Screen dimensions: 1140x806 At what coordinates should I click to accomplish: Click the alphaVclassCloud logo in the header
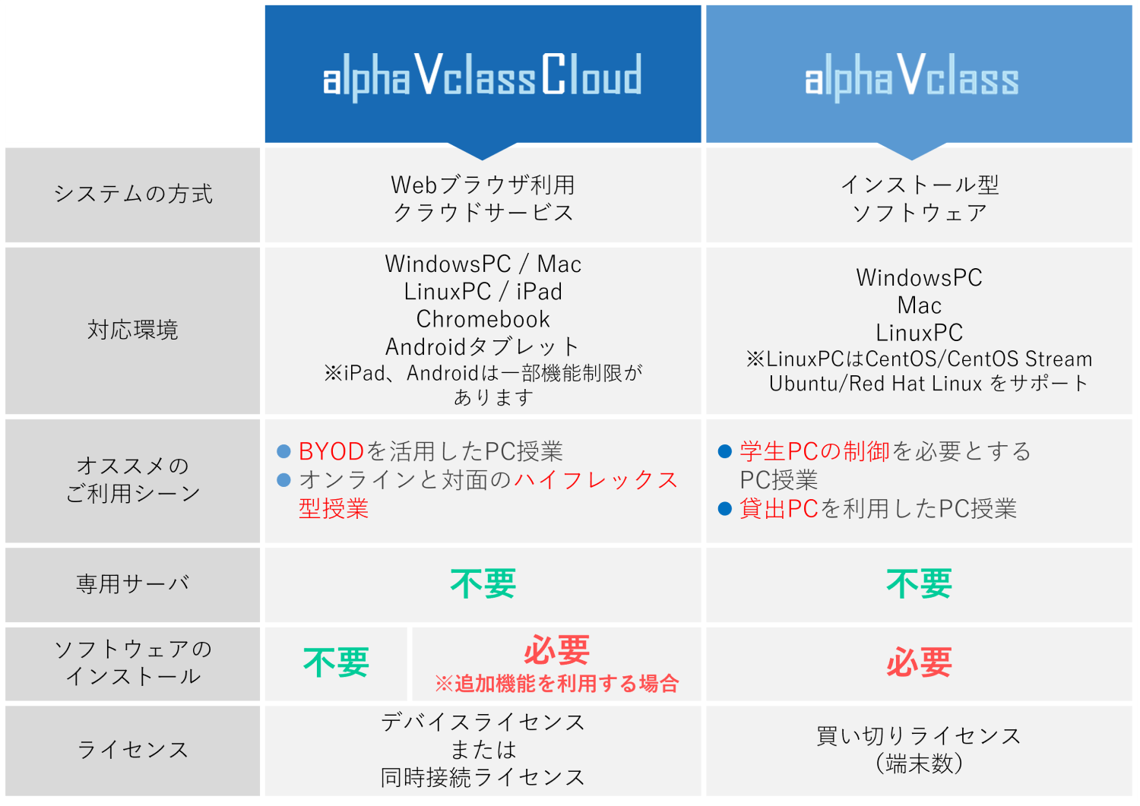[483, 76]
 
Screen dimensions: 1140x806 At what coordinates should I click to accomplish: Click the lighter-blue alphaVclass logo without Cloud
[911, 76]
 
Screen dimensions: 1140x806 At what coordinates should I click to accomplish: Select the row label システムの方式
[133, 194]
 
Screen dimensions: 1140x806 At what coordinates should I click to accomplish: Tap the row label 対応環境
[133, 330]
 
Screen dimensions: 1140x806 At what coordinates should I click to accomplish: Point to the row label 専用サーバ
[133, 583]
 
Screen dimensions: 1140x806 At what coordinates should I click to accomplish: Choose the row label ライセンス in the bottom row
[133, 750]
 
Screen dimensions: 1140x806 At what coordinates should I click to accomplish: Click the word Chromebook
[483, 320]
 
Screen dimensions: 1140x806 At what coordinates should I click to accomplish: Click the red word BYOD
[331, 451]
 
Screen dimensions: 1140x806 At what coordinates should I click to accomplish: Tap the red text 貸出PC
[779, 509]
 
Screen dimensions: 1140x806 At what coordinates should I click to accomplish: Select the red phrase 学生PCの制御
[814, 451]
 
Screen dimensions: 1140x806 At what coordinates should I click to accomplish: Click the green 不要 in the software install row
[336, 662]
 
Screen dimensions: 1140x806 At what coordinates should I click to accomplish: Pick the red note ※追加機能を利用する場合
[557, 684]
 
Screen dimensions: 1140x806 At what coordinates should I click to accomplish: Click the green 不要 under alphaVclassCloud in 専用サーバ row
[483, 583]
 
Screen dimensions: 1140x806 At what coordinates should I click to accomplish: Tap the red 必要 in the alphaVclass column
[919, 662]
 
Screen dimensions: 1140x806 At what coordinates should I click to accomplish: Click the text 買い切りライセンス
[919, 736]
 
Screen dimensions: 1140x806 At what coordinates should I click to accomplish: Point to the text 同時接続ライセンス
[483, 777]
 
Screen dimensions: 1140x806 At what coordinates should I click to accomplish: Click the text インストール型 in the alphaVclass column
[919, 185]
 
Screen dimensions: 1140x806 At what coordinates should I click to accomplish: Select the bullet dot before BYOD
[283, 451]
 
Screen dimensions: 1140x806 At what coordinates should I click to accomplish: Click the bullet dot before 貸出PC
[725, 509]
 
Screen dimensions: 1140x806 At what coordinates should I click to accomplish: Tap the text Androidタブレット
[483, 347]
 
